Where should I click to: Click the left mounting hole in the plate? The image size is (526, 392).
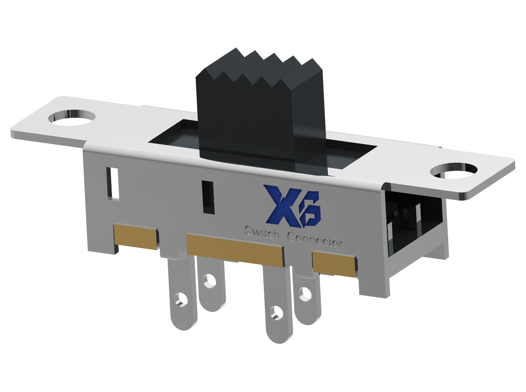click(72, 117)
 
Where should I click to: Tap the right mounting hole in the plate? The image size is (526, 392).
click(454, 171)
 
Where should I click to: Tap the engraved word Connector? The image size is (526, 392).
click(315, 240)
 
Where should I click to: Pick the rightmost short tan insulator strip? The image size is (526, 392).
click(334, 264)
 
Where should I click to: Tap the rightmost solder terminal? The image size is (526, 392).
click(307, 298)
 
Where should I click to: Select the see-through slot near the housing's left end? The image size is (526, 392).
click(112, 183)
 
